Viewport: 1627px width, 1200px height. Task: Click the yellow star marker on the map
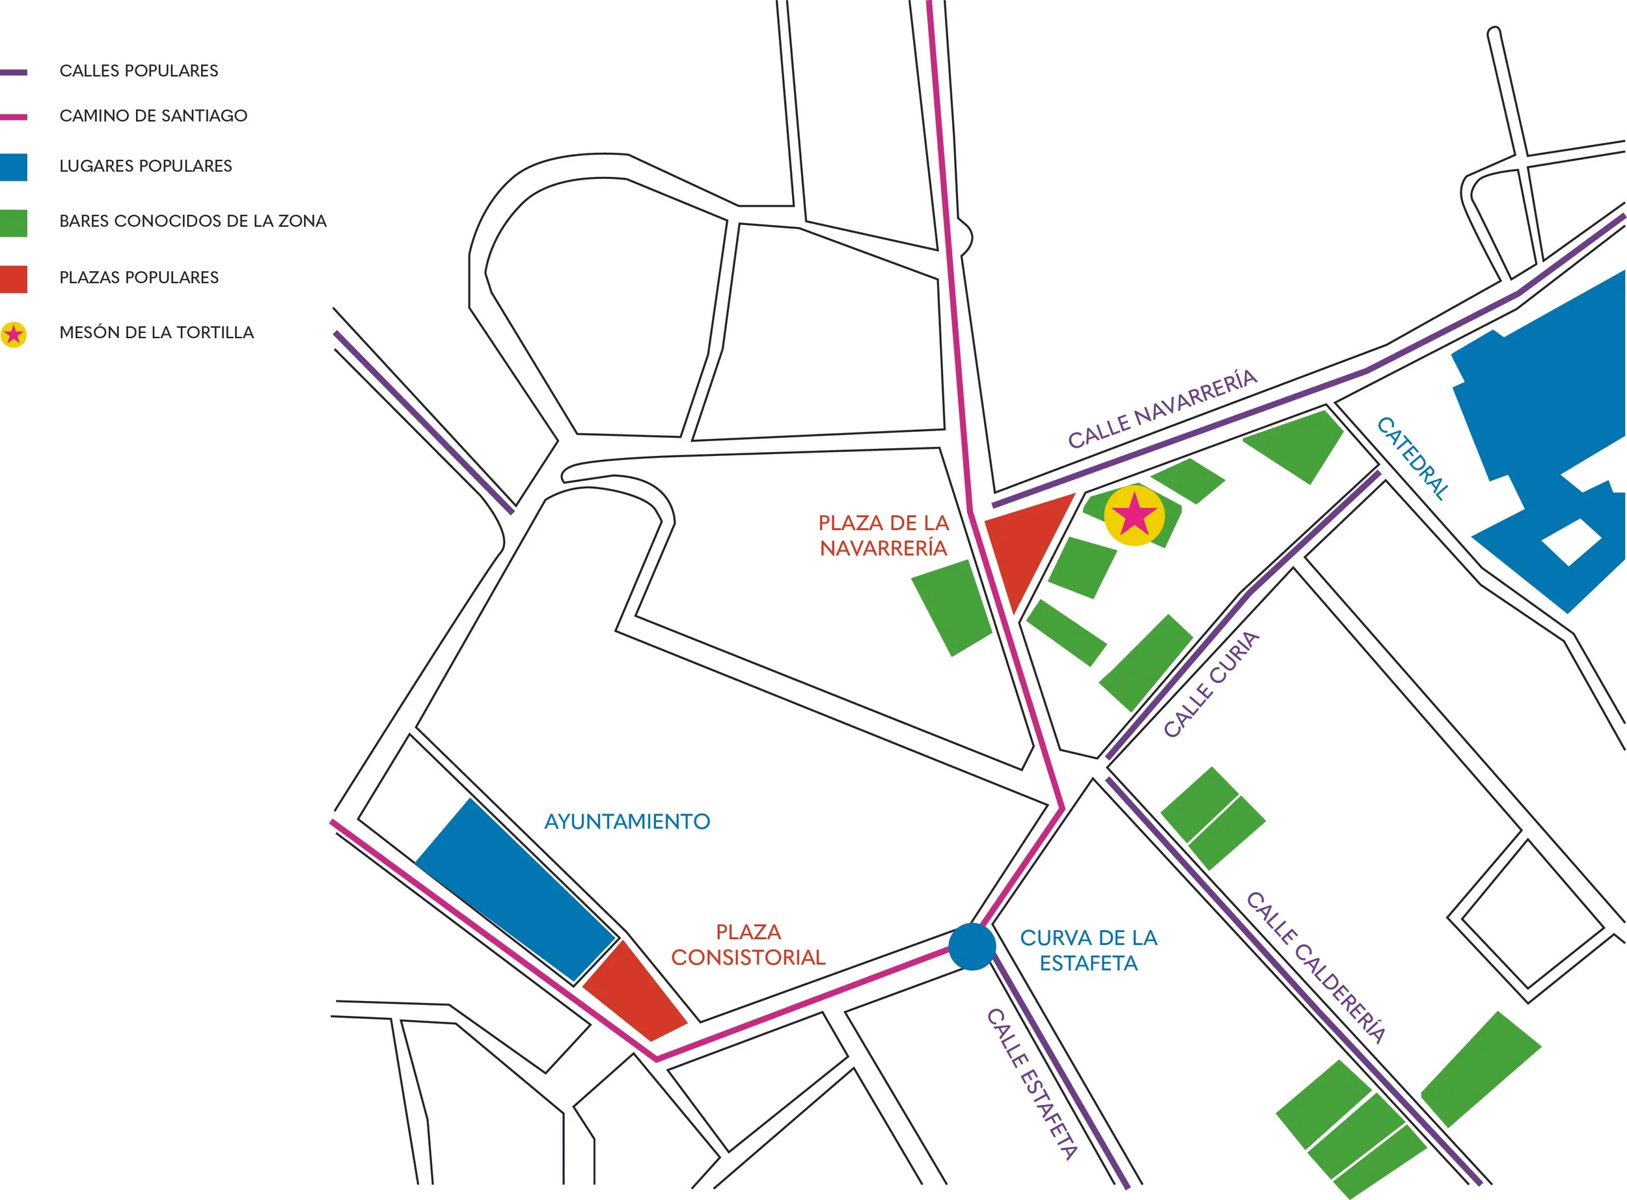tap(1134, 516)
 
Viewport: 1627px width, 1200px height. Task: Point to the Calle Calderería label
tap(1316, 968)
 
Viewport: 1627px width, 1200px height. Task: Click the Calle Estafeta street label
tap(1032, 1083)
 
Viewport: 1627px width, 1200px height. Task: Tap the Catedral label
tap(1414, 459)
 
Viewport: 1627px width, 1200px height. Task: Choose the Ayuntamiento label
tap(627, 821)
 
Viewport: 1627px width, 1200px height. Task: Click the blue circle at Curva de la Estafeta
tap(972, 946)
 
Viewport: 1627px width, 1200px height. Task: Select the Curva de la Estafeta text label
tap(1089, 950)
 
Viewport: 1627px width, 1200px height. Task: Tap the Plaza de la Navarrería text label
tap(884, 535)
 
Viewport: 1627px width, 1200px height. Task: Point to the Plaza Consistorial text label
tap(748, 944)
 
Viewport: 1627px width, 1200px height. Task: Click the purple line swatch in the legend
tap(13, 72)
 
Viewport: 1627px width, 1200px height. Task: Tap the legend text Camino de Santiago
tap(154, 116)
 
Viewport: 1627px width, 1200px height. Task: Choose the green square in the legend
tap(13, 223)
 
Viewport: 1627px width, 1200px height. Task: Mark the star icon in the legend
tap(13, 334)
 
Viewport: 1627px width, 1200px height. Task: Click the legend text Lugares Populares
tap(146, 166)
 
